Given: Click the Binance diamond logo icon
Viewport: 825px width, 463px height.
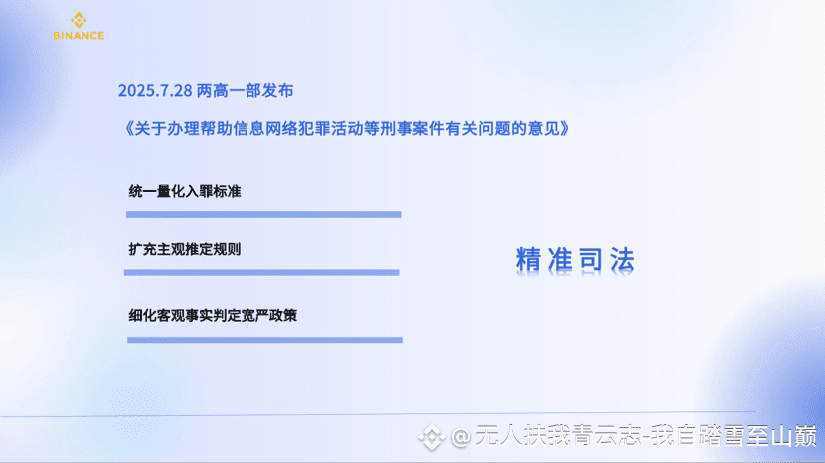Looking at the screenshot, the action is pos(79,20).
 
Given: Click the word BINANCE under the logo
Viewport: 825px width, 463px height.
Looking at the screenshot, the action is pos(79,36).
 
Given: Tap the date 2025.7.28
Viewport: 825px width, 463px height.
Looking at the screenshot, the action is pos(155,91).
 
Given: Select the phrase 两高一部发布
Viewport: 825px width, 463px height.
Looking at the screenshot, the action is pos(246,91).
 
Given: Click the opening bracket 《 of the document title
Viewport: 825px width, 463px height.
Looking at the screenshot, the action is pos(127,128).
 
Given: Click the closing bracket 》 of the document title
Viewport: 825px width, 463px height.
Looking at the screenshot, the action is pos(565,128).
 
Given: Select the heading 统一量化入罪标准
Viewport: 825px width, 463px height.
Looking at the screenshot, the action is pos(185,191).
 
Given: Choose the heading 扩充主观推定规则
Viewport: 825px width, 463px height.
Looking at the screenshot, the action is pos(185,249).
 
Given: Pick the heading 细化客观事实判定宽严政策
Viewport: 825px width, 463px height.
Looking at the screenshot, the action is pos(213,315).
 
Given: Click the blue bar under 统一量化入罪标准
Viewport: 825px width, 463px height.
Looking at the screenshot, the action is pos(263,215).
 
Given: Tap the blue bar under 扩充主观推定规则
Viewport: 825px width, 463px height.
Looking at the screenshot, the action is pos(261,272).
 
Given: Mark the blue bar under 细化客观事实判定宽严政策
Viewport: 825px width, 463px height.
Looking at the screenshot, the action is pos(264,340).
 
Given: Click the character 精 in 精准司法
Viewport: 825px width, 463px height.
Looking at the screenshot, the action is pos(528,260).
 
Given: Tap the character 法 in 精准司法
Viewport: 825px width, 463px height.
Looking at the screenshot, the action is pos(622,260).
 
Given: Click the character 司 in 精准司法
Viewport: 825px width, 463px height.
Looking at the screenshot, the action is pos(590,260).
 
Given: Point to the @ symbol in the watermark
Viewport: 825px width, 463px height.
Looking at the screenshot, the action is pos(461,437).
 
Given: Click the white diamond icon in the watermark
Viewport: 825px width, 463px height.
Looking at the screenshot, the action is pos(432,437).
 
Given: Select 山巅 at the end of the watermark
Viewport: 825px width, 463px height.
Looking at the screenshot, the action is pos(794,436).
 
